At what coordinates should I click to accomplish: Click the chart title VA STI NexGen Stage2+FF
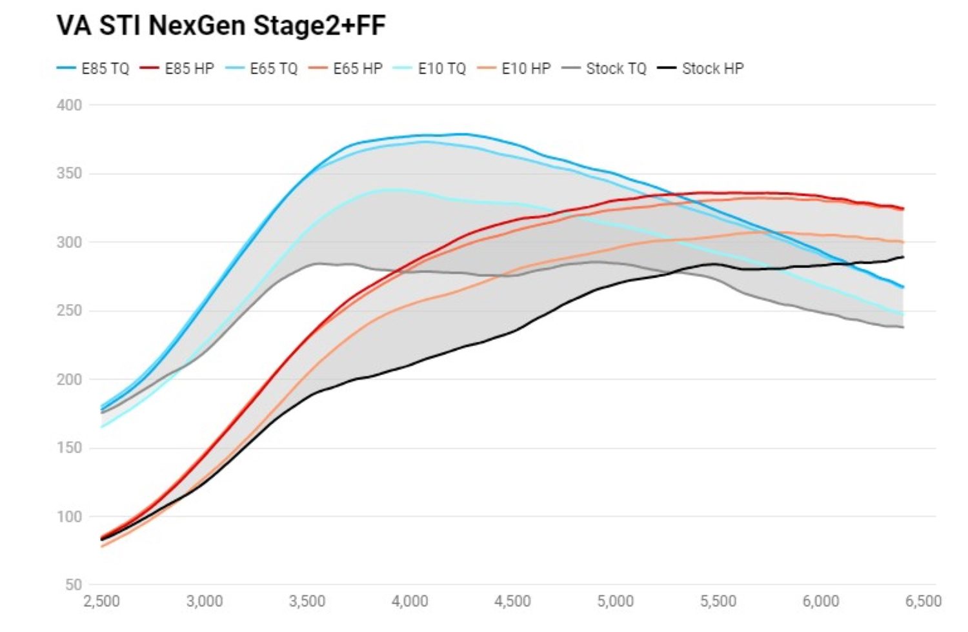[x=221, y=26]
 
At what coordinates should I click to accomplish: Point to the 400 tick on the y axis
[x=70, y=105]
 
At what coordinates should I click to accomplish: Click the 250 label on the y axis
[x=70, y=311]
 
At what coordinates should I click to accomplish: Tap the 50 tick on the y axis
[x=74, y=585]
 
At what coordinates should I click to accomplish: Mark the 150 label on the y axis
[x=70, y=447]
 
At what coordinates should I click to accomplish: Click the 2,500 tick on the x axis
[x=102, y=602]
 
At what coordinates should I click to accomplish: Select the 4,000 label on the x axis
[x=410, y=602]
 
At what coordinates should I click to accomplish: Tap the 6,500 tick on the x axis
[x=923, y=602]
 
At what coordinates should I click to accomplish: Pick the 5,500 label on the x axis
[x=718, y=602]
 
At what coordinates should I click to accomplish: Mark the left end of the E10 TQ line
[x=102, y=427]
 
